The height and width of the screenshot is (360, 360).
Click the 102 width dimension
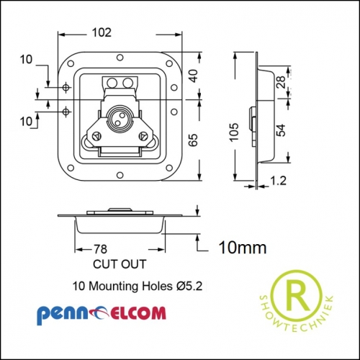(102, 32)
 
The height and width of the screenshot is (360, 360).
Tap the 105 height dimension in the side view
(234, 132)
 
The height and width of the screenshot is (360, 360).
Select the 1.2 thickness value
(279, 181)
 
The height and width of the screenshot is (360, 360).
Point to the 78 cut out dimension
(100, 249)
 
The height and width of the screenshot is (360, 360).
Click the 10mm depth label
(243, 248)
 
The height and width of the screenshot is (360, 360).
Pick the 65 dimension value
(193, 140)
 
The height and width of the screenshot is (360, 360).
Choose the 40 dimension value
(194, 76)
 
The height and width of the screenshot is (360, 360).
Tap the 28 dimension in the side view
(281, 82)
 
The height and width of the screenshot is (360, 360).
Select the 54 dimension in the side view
(281, 130)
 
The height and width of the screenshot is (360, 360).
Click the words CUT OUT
(120, 264)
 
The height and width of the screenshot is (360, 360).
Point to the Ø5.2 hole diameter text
(189, 286)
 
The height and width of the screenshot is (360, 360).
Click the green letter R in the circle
(297, 294)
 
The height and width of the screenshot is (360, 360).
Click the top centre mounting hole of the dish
(120, 58)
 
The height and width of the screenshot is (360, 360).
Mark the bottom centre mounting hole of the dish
(120, 174)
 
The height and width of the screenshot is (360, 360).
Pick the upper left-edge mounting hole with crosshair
(66, 87)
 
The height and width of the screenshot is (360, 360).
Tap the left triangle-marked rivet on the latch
(96, 136)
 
